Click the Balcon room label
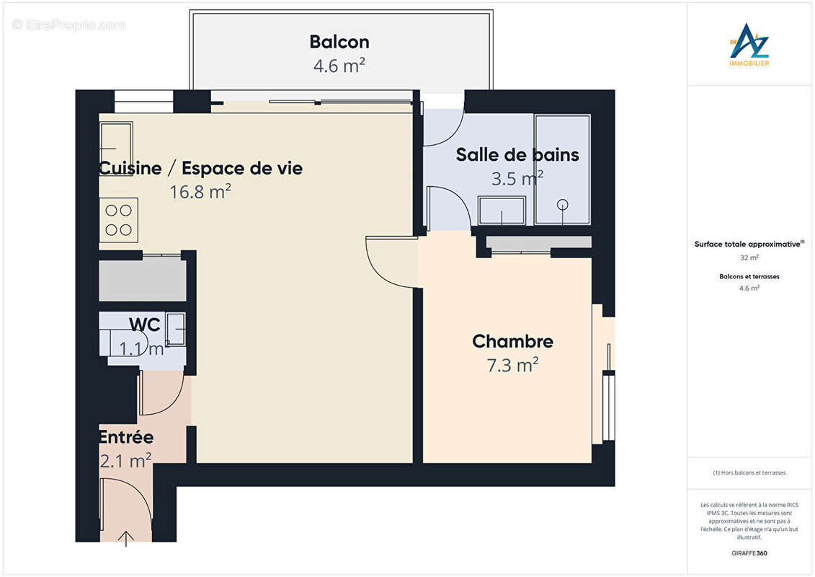coord(339,42)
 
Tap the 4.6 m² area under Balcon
coord(339,66)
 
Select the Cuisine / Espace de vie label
coord(200,168)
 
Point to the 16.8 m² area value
coord(200,192)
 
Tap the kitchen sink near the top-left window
coord(115,138)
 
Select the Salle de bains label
coord(517,154)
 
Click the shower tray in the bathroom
coord(562,170)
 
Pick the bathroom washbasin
coord(502,211)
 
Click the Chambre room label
coord(512,341)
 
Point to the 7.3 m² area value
coord(512,366)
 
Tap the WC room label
coord(144,325)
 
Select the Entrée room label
coord(126,437)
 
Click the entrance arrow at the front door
coord(127,537)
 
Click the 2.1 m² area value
coord(125,460)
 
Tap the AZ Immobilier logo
coord(749,45)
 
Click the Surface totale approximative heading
coord(749,245)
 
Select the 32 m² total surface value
coord(749,257)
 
